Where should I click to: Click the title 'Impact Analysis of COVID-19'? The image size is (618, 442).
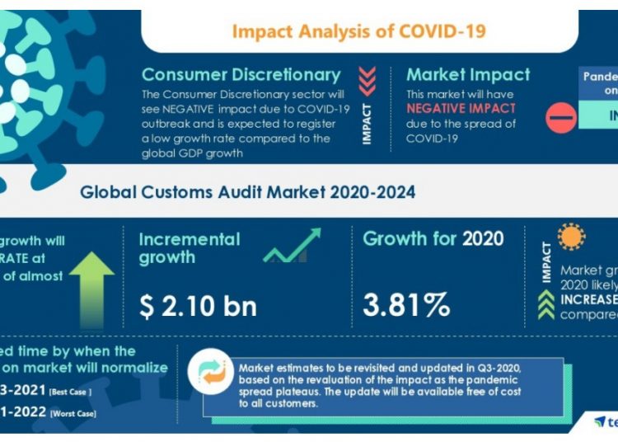tap(358, 31)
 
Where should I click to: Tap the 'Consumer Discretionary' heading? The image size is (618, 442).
tap(241, 75)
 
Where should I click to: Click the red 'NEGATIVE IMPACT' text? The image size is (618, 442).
tap(461, 109)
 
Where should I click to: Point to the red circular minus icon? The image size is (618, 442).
tap(561, 118)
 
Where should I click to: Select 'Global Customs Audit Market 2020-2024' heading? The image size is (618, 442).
tap(247, 193)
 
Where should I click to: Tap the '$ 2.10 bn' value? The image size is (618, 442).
tap(198, 306)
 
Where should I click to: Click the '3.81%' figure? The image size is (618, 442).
tap(407, 306)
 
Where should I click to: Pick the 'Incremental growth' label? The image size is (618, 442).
tap(190, 248)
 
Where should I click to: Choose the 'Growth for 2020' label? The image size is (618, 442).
tap(433, 239)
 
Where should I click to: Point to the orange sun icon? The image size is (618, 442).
tap(570, 237)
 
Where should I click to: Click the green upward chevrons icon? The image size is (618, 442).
tap(545, 304)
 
